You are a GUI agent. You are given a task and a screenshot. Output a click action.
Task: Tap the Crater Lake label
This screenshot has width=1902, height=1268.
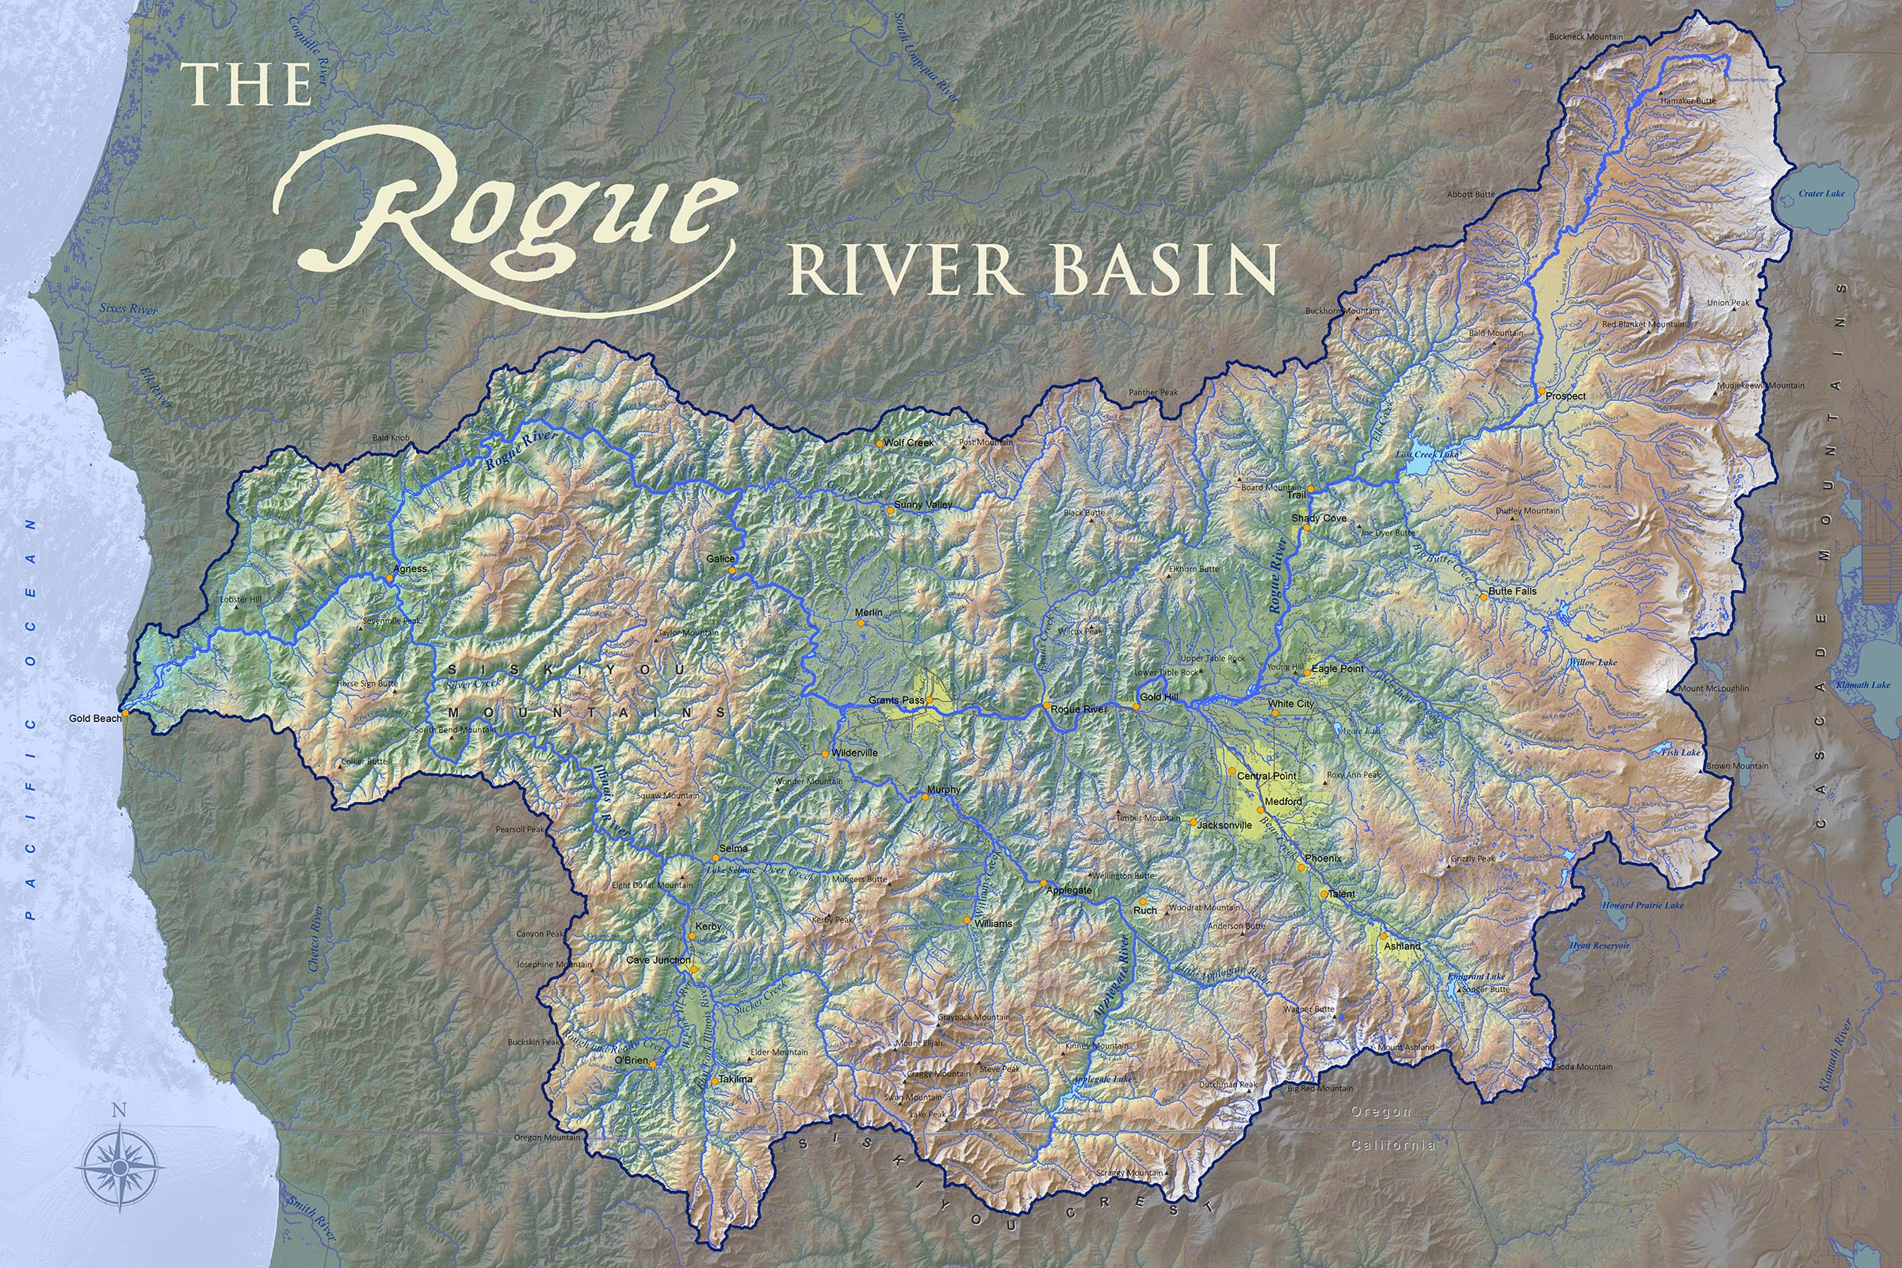pyautogui.click(x=1821, y=193)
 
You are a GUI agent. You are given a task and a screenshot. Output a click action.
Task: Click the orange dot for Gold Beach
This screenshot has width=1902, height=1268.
pyautogui.click(x=125, y=715)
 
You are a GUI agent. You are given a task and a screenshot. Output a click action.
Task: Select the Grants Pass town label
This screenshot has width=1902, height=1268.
pyautogui.click(x=896, y=701)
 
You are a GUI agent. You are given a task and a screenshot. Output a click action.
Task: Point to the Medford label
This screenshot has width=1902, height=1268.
pyautogui.click(x=1283, y=801)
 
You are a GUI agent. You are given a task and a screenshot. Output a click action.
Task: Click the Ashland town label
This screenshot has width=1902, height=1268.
pyautogui.click(x=1402, y=945)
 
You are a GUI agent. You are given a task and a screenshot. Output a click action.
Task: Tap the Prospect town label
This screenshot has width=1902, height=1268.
pyautogui.click(x=1566, y=396)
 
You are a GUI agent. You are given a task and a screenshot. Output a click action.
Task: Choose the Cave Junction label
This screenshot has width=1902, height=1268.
pyautogui.click(x=659, y=960)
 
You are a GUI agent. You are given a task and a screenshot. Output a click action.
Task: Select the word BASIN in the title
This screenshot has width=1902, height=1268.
pyautogui.click(x=1164, y=270)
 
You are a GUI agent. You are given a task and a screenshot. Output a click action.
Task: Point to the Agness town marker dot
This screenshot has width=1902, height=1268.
pyautogui.click(x=390, y=578)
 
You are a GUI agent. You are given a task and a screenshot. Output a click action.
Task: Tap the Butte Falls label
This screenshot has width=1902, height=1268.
pyautogui.click(x=1512, y=591)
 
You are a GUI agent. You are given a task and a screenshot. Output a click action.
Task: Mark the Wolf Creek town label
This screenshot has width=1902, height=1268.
pyautogui.click(x=909, y=442)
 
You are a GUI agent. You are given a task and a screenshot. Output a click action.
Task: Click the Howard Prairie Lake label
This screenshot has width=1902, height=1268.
pyautogui.click(x=1642, y=906)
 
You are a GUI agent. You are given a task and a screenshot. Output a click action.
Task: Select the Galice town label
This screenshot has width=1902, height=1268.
pyautogui.click(x=720, y=559)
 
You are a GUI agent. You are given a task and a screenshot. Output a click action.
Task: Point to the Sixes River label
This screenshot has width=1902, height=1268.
pyautogui.click(x=128, y=309)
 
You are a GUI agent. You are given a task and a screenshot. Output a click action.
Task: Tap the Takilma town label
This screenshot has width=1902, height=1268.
pyautogui.click(x=736, y=1079)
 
